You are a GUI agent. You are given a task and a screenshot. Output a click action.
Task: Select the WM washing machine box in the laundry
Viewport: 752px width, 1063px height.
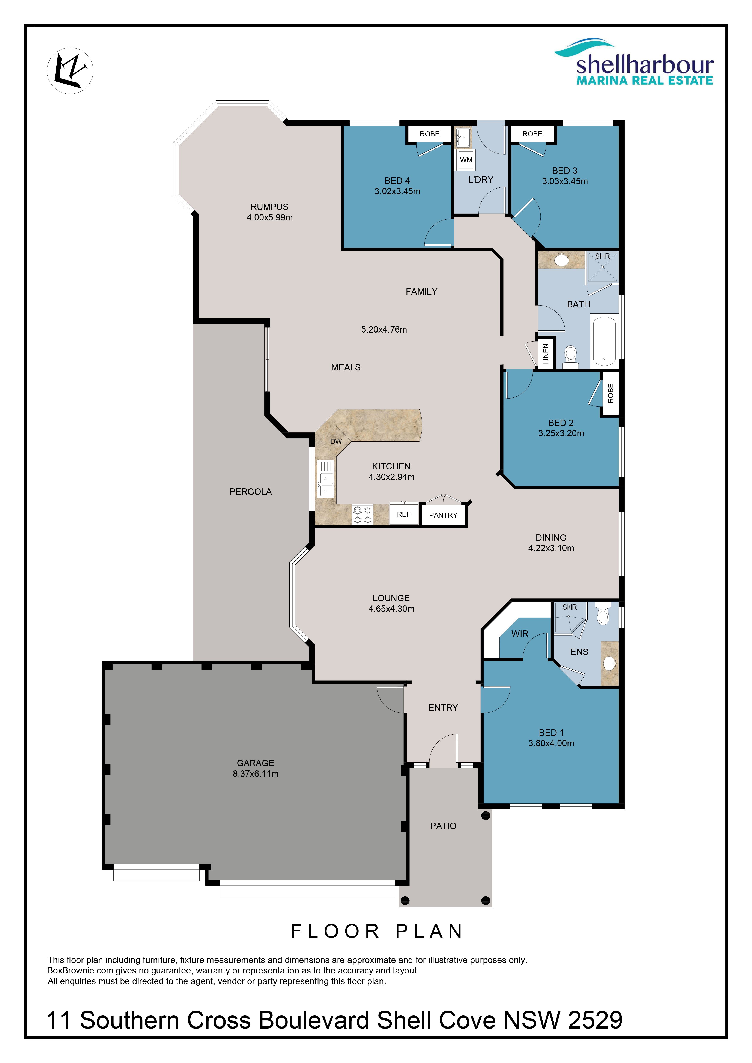click(x=466, y=160)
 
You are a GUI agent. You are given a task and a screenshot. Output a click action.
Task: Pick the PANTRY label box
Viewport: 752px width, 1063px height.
click(x=443, y=515)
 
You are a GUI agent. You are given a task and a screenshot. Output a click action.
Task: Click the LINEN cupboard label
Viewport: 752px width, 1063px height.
click(x=546, y=353)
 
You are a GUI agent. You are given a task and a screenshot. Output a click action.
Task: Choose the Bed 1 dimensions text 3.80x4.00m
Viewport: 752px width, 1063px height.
click(x=551, y=743)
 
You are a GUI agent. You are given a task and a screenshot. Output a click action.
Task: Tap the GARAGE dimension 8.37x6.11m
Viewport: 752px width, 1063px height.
click(x=256, y=774)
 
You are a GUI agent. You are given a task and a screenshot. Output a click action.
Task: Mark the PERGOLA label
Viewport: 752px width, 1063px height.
click(x=251, y=492)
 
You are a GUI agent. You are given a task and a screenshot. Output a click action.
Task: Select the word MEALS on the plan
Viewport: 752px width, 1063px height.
click(x=346, y=367)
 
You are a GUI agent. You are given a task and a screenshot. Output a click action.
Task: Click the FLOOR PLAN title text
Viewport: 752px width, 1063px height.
click(x=376, y=931)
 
